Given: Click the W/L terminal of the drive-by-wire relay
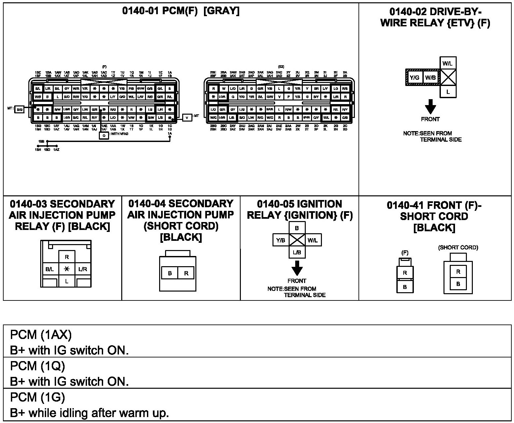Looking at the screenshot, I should (x=447, y=63).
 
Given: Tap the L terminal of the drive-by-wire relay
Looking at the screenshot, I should (x=448, y=92).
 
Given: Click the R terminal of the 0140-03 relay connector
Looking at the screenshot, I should (x=67, y=257).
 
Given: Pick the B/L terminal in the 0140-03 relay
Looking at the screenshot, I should (x=50, y=269).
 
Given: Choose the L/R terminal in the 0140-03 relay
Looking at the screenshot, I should (x=83, y=269).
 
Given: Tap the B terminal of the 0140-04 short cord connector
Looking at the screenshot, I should (x=170, y=273).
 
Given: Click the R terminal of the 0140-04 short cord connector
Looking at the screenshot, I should (x=186, y=273).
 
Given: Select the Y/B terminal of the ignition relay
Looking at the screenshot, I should (x=281, y=240).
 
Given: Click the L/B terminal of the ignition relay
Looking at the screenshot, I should (x=297, y=252).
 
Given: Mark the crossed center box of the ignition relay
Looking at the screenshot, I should (x=297, y=240).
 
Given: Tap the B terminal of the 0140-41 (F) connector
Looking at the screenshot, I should (x=405, y=287).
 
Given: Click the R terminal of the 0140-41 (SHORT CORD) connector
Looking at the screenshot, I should (x=458, y=272).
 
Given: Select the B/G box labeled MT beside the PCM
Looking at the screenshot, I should (x=20, y=110).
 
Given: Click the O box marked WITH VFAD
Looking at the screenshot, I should (x=104, y=135).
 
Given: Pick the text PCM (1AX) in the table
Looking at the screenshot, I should (x=41, y=335).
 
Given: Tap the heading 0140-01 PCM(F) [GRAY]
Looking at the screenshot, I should (x=181, y=11).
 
